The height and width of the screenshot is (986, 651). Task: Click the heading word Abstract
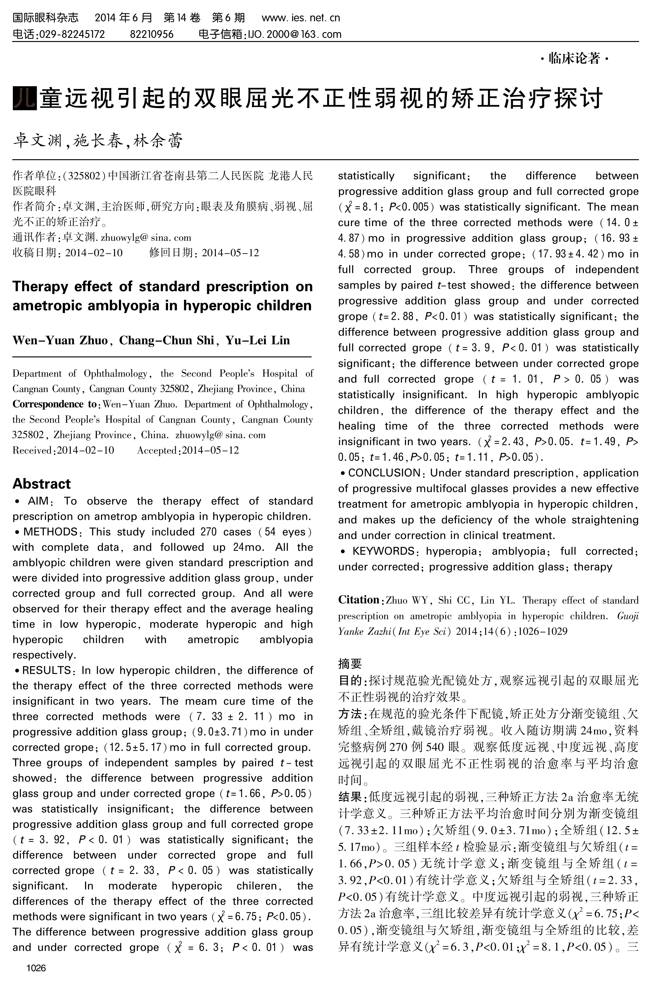click(41, 484)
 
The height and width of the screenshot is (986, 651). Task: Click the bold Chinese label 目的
click(349, 680)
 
